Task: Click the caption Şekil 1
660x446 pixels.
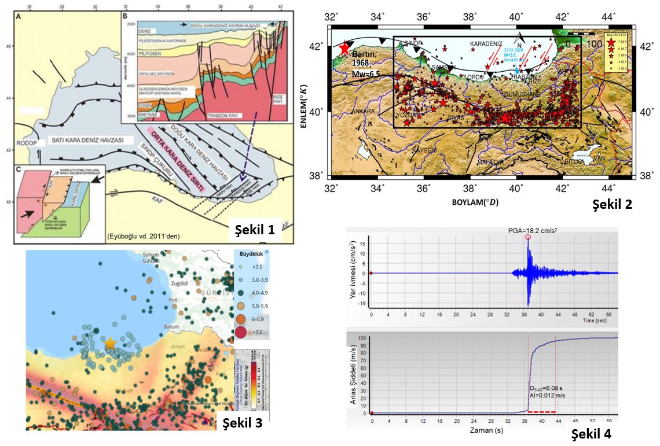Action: pyautogui.click(x=254, y=230)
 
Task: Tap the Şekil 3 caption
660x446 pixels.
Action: pyautogui.click(x=243, y=422)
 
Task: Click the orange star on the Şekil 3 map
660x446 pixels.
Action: pyautogui.click(x=109, y=343)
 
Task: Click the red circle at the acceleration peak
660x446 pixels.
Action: pyautogui.click(x=527, y=237)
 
